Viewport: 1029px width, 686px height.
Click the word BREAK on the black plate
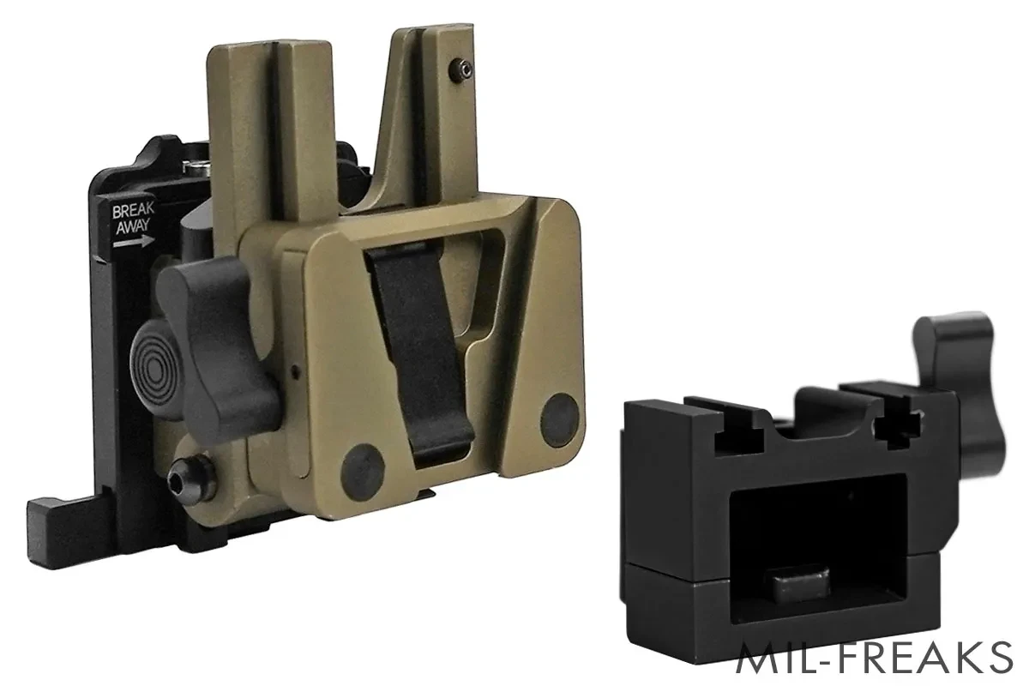coord(133,210)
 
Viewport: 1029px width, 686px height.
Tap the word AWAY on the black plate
coord(133,226)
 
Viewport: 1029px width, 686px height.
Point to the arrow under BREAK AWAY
coord(134,241)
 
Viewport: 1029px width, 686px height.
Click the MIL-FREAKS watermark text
coord(874,658)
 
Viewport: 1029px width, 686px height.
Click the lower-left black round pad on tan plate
coord(363,472)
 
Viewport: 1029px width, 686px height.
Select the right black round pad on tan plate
coord(559,419)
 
